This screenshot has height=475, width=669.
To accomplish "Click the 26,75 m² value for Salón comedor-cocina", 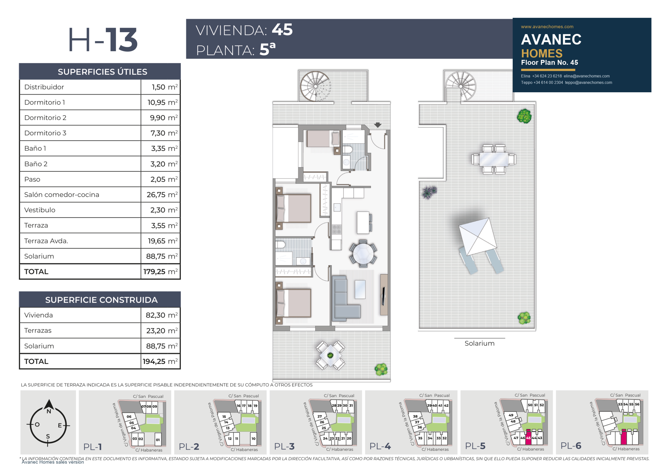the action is click(x=162, y=194).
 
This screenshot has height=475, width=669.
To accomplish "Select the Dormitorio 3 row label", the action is click(x=45, y=133).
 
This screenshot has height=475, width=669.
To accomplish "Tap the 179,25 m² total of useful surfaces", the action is click(x=160, y=271).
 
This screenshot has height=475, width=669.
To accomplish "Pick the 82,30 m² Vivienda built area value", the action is click(x=162, y=315).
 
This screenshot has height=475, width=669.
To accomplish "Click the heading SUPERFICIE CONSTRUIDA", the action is click(x=101, y=300).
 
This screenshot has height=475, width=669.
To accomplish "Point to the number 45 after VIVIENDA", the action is click(x=282, y=30).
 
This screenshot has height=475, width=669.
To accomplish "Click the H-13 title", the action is click(x=103, y=40).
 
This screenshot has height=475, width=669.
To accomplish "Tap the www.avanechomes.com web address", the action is click(x=547, y=27).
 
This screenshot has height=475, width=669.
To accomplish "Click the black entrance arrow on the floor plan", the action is click(x=378, y=125).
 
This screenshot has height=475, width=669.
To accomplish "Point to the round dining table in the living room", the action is click(x=363, y=253).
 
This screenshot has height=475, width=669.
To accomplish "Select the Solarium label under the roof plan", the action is click(x=480, y=344).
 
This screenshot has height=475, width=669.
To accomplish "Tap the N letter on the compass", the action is click(x=49, y=411).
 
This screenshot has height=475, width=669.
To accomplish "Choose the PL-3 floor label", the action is click(x=284, y=446).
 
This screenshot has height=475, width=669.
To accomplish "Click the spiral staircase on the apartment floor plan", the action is click(x=315, y=86).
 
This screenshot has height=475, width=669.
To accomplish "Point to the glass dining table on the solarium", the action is click(x=494, y=159).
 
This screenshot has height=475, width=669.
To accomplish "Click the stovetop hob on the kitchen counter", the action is click(x=337, y=229).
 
